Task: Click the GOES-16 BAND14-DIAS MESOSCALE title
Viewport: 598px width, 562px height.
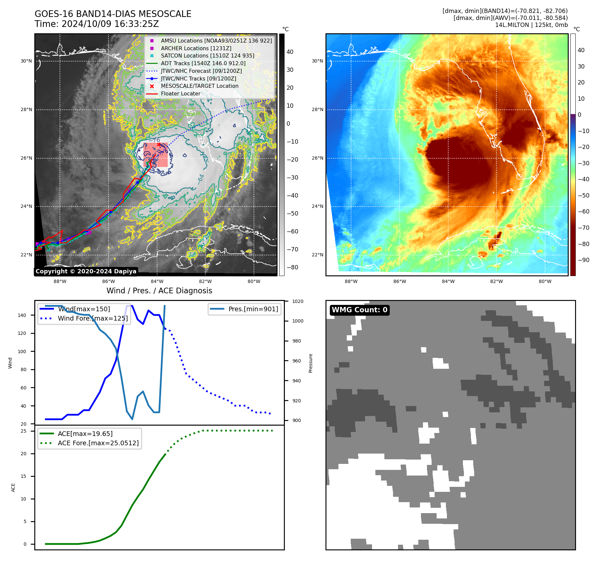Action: pos(113,14)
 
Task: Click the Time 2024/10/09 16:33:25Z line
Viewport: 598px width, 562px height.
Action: pos(97,24)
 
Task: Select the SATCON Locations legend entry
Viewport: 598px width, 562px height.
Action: pos(207,56)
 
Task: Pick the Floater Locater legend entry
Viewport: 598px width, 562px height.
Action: pos(180,94)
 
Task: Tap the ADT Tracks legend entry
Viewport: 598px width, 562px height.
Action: pos(203,63)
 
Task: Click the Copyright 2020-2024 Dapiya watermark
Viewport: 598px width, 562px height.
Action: pos(86,271)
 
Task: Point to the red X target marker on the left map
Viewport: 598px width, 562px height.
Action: pos(159,144)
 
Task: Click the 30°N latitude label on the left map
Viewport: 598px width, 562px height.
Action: pos(26,61)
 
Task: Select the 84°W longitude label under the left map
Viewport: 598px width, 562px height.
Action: pos(157,281)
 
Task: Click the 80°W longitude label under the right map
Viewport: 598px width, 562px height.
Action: pos(545,281)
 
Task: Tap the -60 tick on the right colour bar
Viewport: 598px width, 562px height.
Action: pos(583,211)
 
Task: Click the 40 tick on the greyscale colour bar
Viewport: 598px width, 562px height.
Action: pos(290,52)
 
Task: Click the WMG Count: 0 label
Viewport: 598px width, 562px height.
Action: pos(359,310)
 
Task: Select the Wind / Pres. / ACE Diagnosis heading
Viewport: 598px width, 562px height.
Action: pos(159,291)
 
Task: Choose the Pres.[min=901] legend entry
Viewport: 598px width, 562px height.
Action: pos(253,309)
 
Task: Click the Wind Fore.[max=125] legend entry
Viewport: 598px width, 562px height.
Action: pos(93,318)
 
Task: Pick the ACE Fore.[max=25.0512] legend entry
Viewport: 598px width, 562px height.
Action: pos(98,443)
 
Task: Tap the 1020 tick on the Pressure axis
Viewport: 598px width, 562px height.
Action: pos(298,301)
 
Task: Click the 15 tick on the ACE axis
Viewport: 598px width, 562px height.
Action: pos(24,476)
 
